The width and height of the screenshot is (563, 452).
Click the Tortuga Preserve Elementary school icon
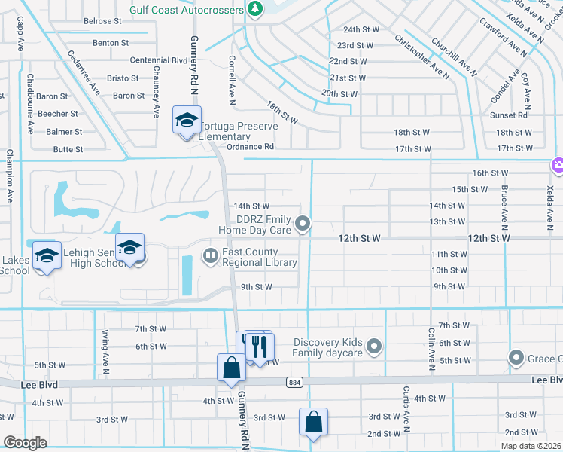click(x=187, y=121)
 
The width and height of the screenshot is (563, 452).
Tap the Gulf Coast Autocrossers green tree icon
click(x=255, y=9)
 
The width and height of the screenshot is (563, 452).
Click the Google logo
click(x=25, y=442)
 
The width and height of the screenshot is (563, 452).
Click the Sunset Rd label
click(x=509, y=115)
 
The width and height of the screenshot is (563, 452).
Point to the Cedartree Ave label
click(x=84, y=72)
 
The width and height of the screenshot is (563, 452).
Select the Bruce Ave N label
click(x=504, y=203)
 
